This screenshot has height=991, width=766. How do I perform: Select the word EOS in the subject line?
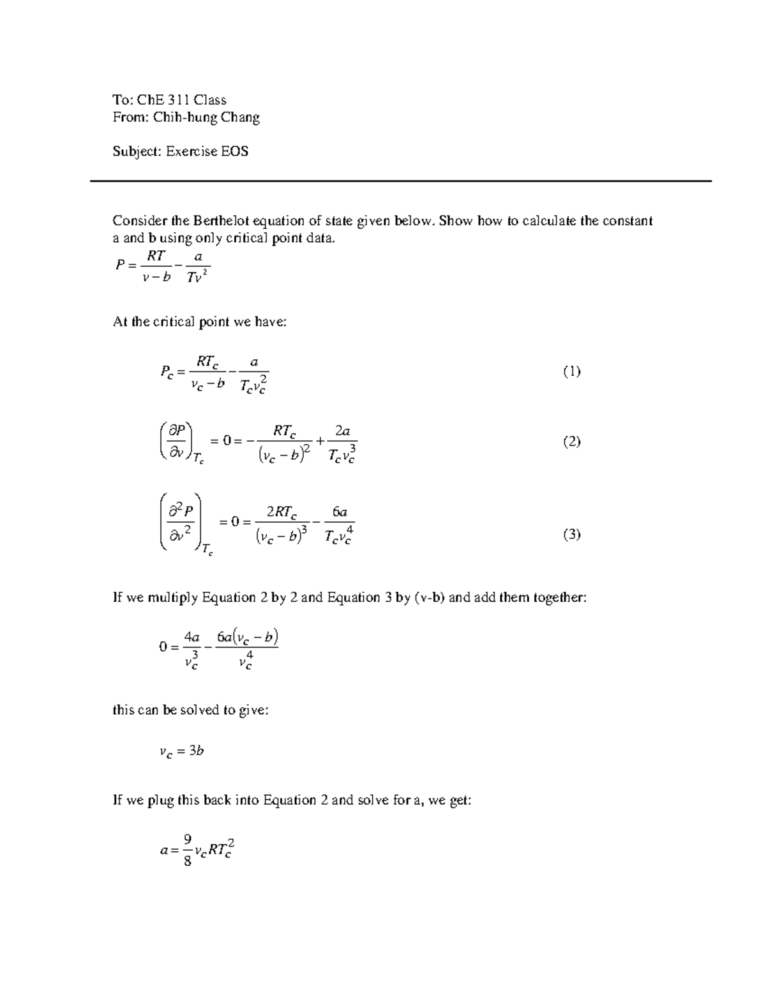[235, 151]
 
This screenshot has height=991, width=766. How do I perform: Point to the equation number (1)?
[571, 371]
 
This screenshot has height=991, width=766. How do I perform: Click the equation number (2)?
[571, 442]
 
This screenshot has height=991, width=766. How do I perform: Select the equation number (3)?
[571, 535]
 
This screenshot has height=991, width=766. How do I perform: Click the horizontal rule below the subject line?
[400, 181]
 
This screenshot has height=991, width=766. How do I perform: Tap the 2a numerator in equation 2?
[342, 431]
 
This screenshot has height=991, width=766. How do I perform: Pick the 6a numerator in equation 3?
[339, 512]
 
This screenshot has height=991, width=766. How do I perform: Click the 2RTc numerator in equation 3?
[281, 512]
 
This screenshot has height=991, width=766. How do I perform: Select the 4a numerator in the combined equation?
[191, 637]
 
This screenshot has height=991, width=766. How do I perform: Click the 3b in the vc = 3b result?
[197, 751]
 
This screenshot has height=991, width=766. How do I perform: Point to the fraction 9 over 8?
[187, 851]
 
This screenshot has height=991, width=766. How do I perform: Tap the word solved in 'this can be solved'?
[199, 710]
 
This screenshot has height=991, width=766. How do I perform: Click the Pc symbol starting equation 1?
[167, 371]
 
